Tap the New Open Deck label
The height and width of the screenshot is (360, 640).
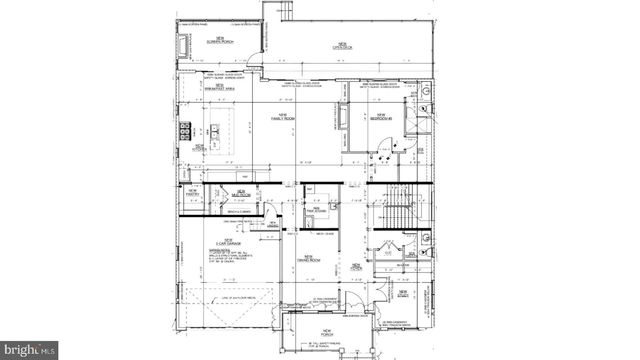tap(340, 46)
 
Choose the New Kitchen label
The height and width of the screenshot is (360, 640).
tap(200, 148)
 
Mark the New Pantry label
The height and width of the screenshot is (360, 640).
tap(191, 192)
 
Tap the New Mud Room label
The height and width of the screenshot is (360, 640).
tap(239, 193)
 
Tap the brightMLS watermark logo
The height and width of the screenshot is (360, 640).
tap(29, 350)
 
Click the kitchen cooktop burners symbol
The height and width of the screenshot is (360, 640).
tap(186, 129)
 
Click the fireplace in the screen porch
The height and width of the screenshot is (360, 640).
tap(184, 46)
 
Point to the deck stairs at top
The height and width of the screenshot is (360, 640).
tap(281, 11)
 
